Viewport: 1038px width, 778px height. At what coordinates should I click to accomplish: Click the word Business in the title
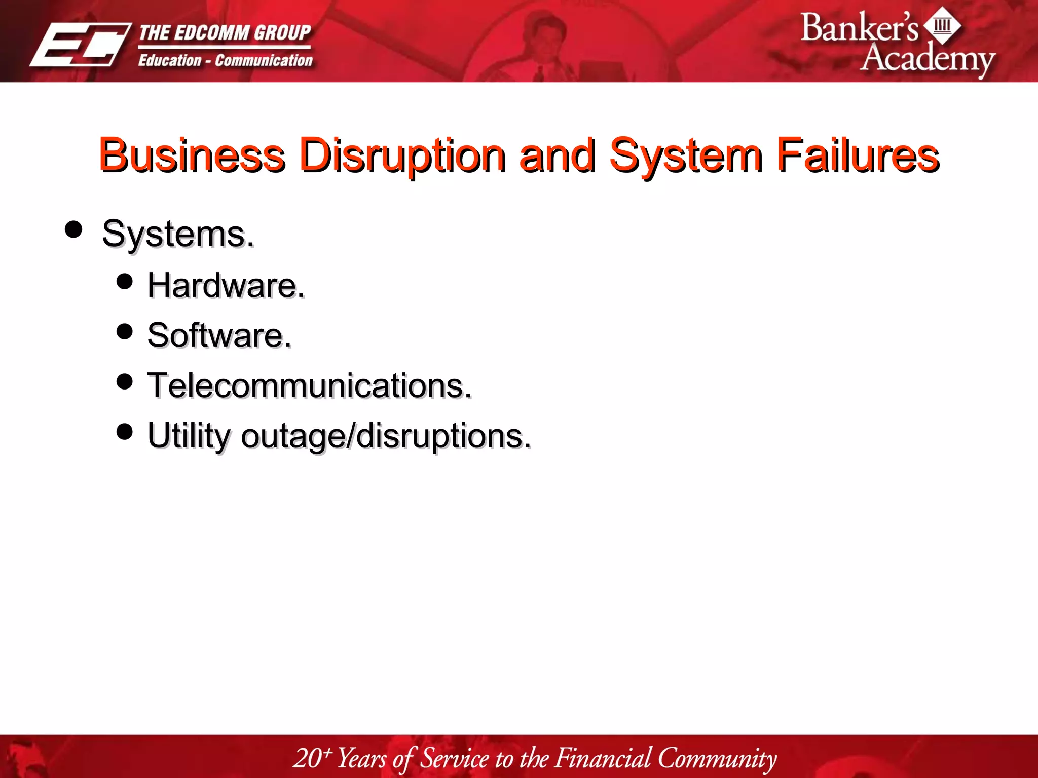192,155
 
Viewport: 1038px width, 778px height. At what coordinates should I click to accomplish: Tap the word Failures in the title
858,155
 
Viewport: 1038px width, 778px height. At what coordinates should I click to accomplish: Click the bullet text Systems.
178,234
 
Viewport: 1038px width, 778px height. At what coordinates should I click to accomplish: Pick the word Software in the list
219,335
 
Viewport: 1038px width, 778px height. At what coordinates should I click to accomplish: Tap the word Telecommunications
309,385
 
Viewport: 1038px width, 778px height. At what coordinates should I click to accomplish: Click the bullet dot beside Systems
74,229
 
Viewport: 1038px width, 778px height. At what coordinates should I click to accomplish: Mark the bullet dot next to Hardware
124,281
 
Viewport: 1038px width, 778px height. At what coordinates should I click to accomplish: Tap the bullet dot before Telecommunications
124,381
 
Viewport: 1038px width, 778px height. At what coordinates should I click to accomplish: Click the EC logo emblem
80,45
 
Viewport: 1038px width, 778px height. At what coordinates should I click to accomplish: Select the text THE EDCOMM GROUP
225,33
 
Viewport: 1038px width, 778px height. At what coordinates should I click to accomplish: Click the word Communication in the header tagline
264,61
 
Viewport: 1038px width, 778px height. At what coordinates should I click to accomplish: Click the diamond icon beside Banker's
942,25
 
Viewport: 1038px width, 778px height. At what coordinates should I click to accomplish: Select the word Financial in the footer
603,758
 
